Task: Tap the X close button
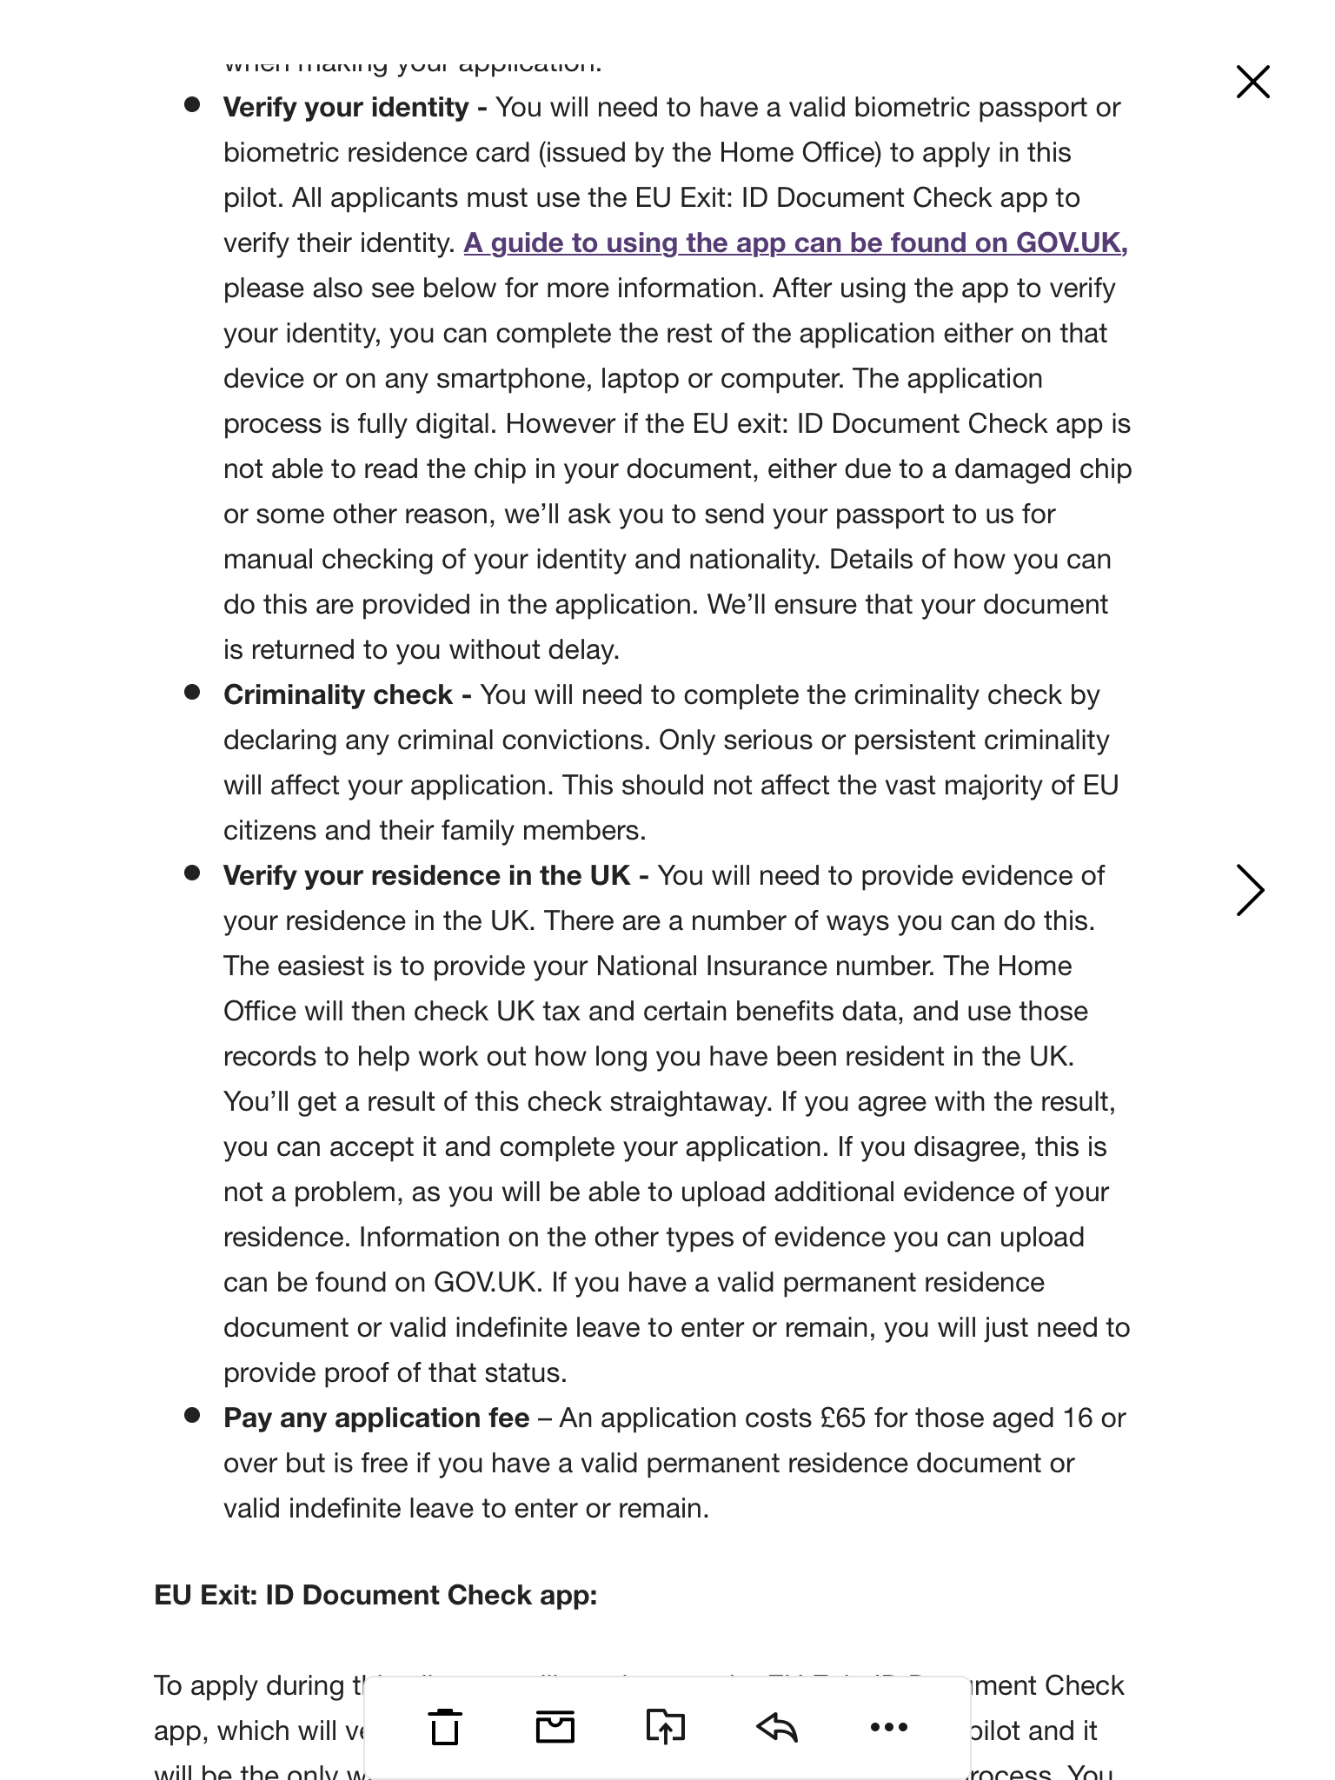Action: pyautogui.click(x=1252, y=83)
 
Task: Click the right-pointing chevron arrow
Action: pyautogui.click(x=1250, y=890)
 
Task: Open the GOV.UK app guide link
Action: pyautogui.click(x=795, y=243)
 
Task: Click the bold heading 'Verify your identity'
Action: pyautogui.click(x=346, y=108)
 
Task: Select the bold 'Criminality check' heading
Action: pyautogui.click(x=338, y=695)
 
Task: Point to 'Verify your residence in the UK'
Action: pyautogui.click(x=427, y=876)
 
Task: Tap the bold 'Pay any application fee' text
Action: pyautogui.click(x=376, y=1418)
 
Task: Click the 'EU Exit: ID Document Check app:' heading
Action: pyautogui.click(x=375, y=1596)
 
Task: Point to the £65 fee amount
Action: pyautogui.click(x=843, y=1418)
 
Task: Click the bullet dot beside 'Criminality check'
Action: pyautogui.click(x=192, y=693)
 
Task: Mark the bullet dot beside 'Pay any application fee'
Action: pyautogui.click(x=192, y=1416)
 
